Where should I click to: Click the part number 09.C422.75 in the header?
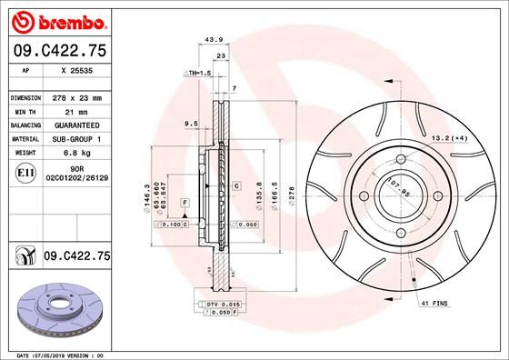(58, 52)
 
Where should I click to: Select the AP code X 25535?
(75, 71)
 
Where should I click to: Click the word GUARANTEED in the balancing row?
(75, 125)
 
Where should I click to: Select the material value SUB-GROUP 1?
(75, 139)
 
